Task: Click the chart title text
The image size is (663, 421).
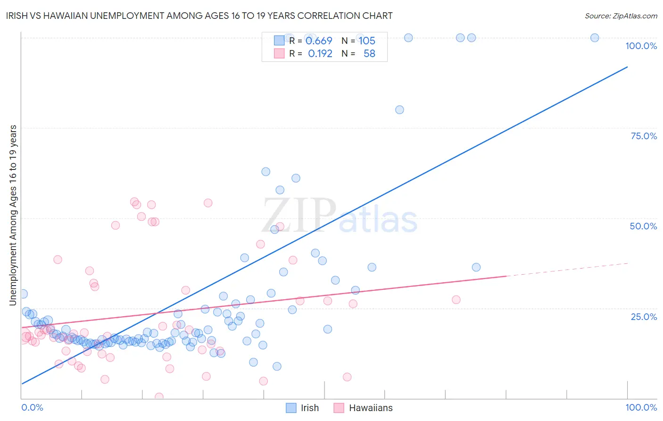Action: (x=199, y=16)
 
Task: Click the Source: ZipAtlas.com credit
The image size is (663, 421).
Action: (x=621, y=16)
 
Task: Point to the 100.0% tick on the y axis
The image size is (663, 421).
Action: (x=641, y=46)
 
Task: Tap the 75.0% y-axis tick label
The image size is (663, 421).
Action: (x=644, y=136)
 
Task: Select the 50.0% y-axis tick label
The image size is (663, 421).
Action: (x=643, y=226)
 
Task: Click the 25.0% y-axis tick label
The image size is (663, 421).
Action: (x=644, y=316)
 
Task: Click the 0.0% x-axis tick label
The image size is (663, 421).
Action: (x=32, y=407)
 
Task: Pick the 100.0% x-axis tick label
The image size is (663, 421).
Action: (x=641, y=407)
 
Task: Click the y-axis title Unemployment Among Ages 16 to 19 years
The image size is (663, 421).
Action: (x=13, y=215)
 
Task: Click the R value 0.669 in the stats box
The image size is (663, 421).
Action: (x=319, y=41)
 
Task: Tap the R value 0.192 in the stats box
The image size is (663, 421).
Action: (x=320, y=54)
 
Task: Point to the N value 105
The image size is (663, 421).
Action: (x=367, y=41)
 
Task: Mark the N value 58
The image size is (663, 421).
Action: (x=369, y=54)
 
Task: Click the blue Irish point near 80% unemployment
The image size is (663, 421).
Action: (x=399, y=109)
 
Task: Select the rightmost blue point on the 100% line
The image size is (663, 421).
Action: (x=595, y=38)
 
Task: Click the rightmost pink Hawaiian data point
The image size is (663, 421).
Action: (x=456, y=300)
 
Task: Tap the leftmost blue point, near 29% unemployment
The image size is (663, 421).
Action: (x=23, y=294)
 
